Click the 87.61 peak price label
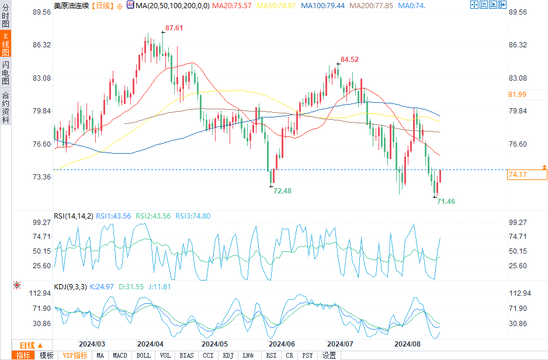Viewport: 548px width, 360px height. coord(174,27)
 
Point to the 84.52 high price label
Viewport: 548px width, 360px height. coord(349,59)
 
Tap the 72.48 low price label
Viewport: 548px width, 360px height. coord(282,191)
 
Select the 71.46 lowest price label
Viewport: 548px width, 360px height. coord(446,201)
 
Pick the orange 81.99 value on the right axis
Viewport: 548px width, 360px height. coord(517,94)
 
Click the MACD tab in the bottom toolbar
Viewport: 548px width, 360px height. coord(120,355)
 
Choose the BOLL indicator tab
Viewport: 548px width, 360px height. coord(143,355)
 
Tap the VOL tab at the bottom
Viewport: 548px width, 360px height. coord(165,355)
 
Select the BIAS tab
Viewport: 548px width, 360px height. coord(186,355)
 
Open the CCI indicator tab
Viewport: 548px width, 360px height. coord(207,355)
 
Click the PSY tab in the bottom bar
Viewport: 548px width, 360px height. coord(307,355)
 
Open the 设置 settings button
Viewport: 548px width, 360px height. coord(329,355)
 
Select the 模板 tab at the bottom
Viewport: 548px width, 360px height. coord(46,355)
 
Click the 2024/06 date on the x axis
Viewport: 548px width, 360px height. coord(282,344)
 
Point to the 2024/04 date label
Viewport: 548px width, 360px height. coord(150,344)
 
